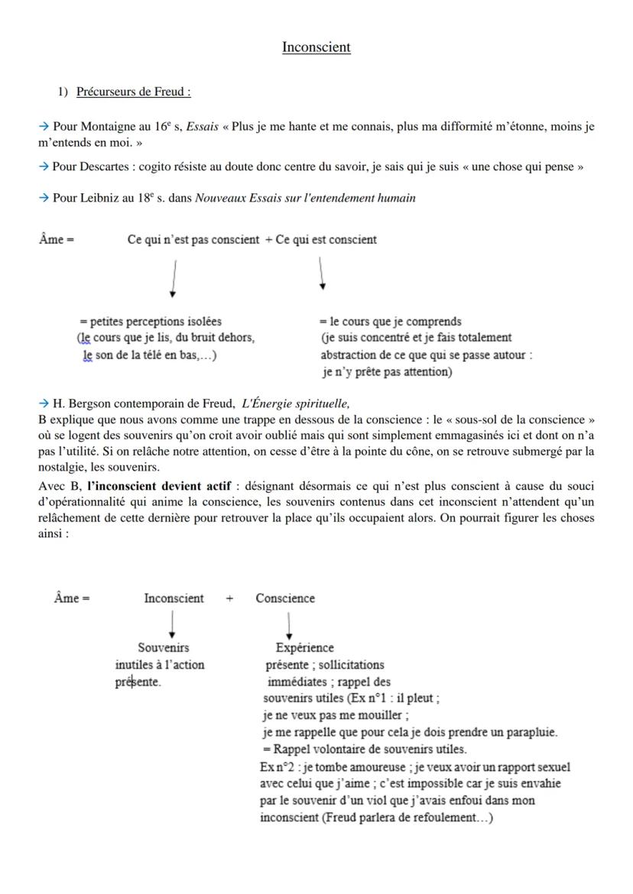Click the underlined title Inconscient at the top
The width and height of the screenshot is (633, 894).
(316, 47)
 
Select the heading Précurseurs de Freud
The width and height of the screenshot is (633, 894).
(133, 92)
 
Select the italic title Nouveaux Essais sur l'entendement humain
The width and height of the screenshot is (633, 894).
(305, 198)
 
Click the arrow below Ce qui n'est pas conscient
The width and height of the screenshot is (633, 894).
(175, 278)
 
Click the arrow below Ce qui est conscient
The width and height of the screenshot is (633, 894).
(322, 274)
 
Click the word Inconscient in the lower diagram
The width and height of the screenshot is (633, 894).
(174, 598)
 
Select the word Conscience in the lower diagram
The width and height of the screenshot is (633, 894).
(285, 598)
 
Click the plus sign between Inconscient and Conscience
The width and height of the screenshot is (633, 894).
(229, 598)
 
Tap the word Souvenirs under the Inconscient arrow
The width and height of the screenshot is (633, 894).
(164, 648)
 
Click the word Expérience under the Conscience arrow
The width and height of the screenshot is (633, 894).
(304, 648)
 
